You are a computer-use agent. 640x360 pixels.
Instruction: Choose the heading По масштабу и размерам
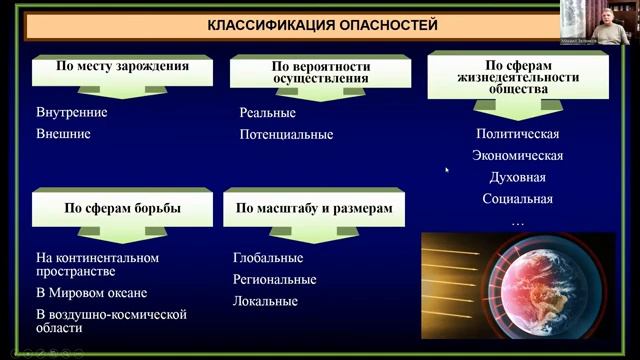coord(313,208)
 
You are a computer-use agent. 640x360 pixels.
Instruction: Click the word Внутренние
coord(71,112)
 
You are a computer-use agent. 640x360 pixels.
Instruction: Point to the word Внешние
coord(63,132)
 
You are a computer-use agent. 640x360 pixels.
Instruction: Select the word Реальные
coord(267,114)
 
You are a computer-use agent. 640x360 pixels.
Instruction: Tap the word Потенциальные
coord(286,134)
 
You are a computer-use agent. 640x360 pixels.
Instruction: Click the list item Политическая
coord(517,134)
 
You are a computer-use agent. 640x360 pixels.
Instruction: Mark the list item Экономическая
coord(517,155)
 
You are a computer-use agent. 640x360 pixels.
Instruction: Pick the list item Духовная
coord(517,177)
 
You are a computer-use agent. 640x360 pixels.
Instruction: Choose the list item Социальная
coord(517,199)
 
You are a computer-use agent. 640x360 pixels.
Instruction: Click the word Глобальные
coord(268,258)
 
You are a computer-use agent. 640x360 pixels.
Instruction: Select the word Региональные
coord(274,279)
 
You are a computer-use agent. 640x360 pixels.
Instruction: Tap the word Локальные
coord(265,300)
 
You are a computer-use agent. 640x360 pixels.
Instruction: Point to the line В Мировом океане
coord(91,293)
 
